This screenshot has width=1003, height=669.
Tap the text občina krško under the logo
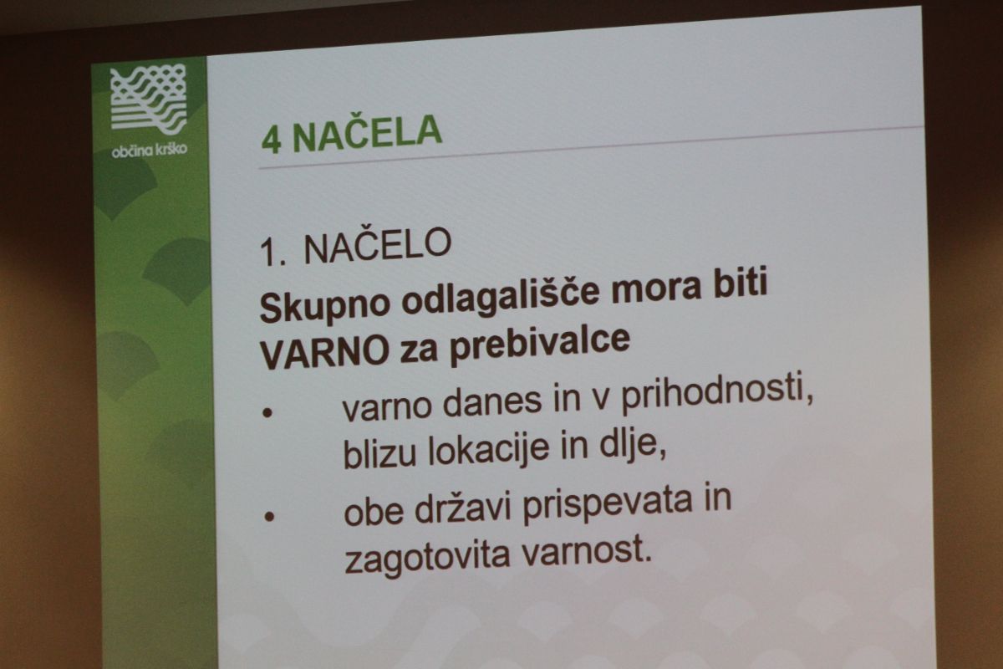click(149, 151)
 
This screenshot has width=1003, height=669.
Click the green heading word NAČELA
click(367, 133)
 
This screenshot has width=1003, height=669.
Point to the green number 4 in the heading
click(271, 140)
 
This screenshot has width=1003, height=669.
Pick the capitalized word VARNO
click(324, 354)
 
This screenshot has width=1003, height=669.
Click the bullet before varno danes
click(267, 413)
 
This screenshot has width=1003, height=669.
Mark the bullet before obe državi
click(269, 517)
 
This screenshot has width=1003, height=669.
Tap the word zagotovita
click(428, 555)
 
